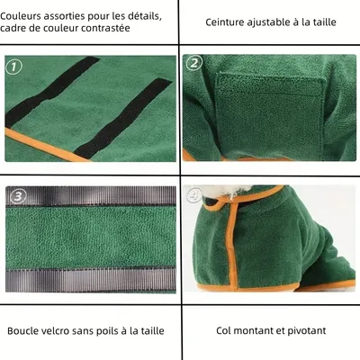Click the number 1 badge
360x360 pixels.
(13, 66)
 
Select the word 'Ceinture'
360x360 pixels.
(229, 22)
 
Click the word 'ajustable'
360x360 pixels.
(279, 22)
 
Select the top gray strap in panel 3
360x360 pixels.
(90, 196)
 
